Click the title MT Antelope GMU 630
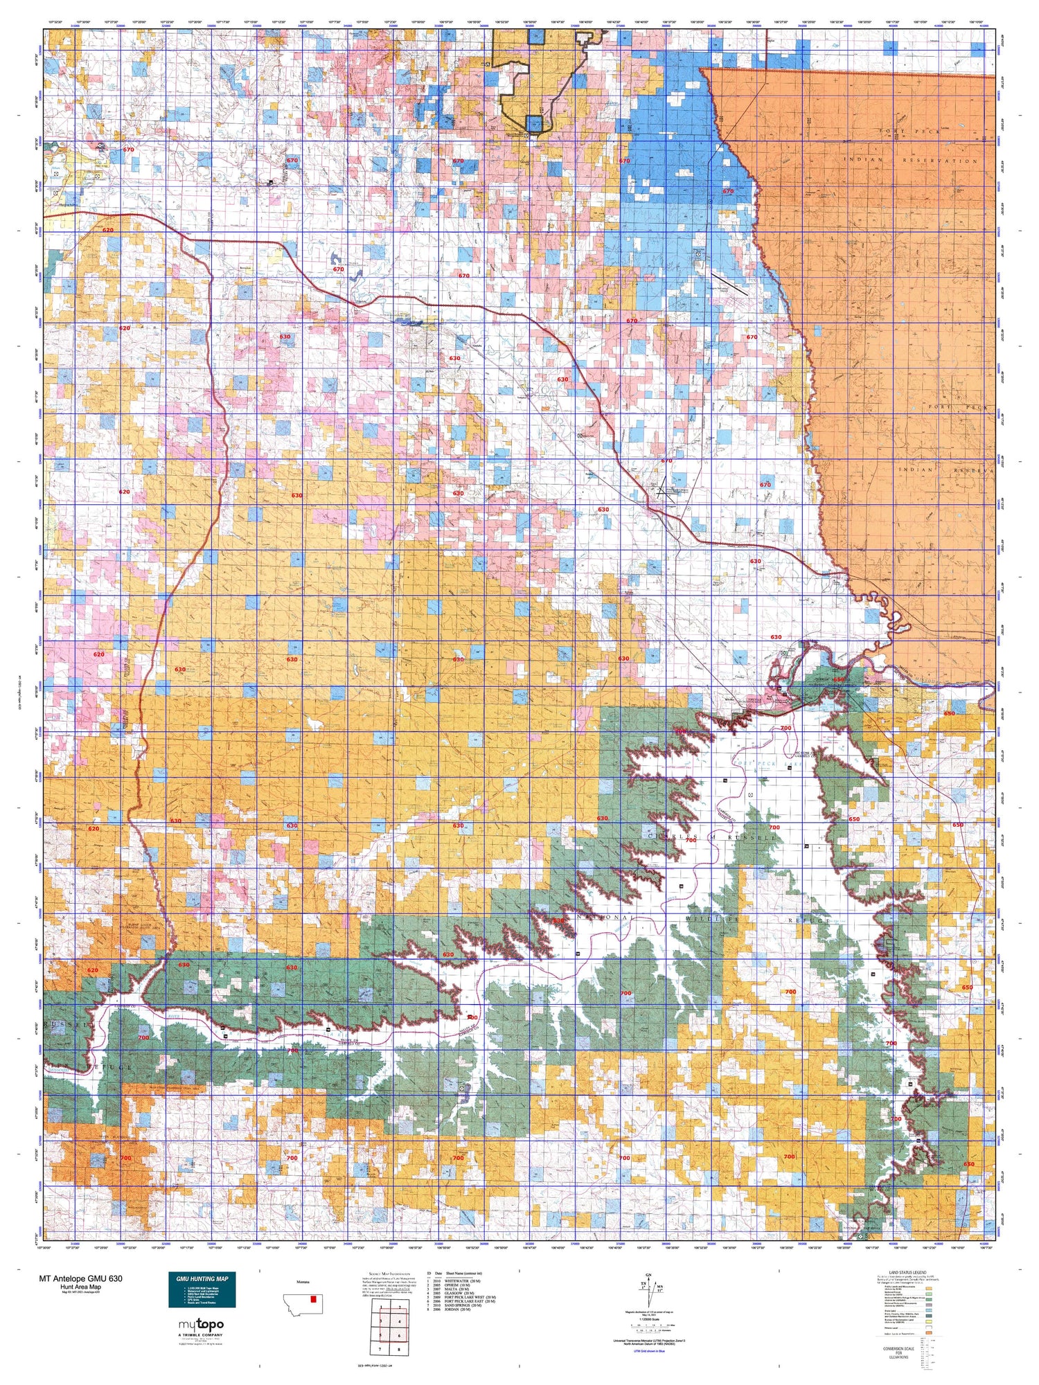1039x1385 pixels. (81, 1279)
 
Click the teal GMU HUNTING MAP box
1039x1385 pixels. (202, 1289)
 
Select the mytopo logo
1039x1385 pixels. (201, 1325)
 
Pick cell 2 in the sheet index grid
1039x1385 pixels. (400, 1307)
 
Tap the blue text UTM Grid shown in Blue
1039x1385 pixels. (649, 1351)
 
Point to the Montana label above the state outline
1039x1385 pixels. (302, 1282)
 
